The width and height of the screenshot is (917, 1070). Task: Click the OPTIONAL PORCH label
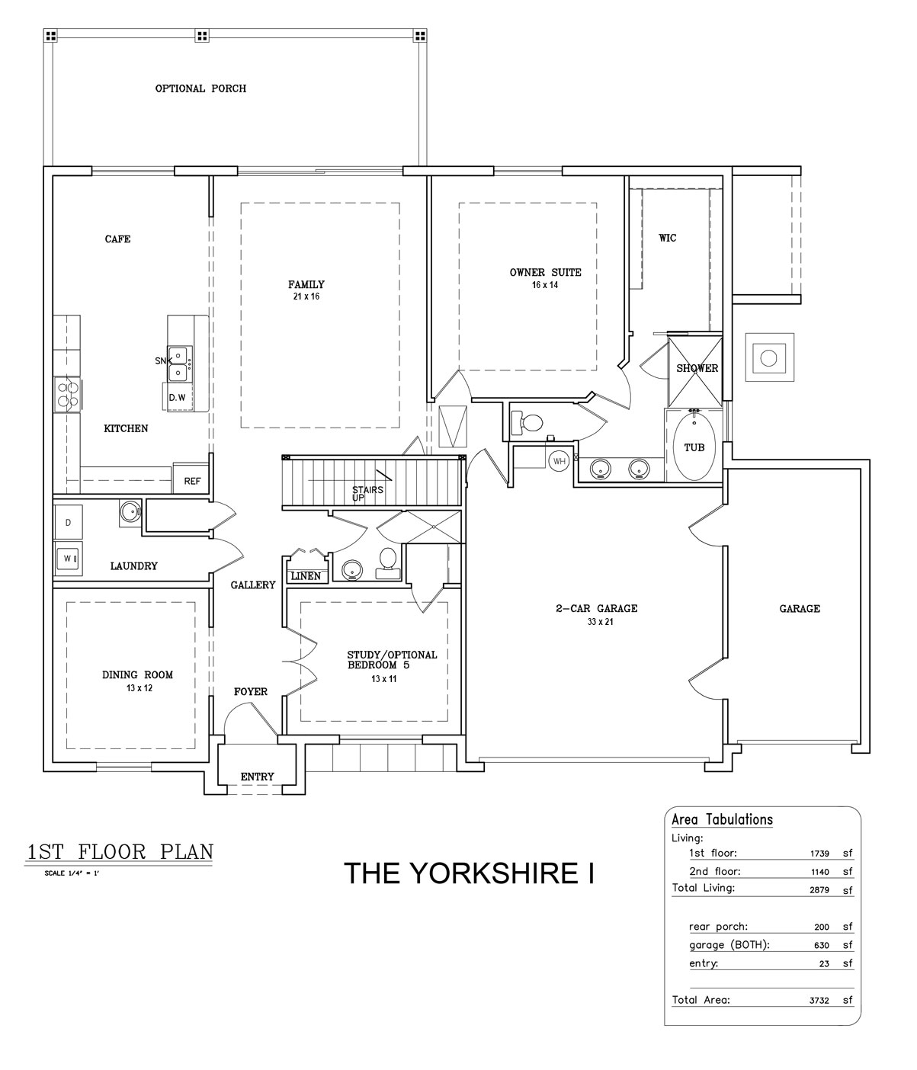coord(200,88)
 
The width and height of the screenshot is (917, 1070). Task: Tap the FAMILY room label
coord(306,284)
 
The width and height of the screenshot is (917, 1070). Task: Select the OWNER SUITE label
coord(545,272)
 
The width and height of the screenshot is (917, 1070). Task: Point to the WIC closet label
coord(668,238)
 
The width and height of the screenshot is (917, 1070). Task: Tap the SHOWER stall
coord(697,369)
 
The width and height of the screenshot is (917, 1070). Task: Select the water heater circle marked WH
coord(559,461)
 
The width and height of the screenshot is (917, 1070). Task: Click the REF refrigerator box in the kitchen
coord(191,481)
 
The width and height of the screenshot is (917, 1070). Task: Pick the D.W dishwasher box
coord(177,397)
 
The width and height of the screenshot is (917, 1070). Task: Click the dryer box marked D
coord(68,523)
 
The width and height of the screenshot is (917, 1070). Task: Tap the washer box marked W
coord(68,559)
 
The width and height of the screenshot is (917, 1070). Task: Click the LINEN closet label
coord(306,576)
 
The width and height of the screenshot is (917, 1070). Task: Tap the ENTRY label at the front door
coord(257,777)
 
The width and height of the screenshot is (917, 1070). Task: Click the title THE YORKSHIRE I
coord(469,873)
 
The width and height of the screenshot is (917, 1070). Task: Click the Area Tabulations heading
coord(722,820)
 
